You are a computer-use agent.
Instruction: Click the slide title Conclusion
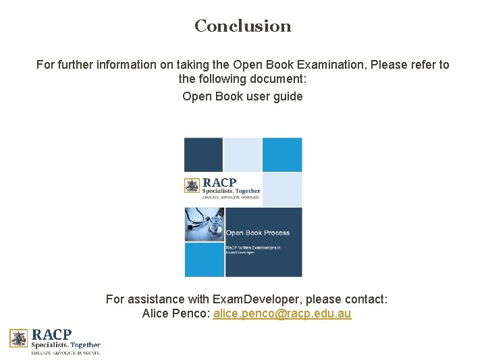pos(243,26)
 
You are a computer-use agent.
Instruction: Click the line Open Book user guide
pos(243,96)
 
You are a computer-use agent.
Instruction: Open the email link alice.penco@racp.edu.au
pos(282,314)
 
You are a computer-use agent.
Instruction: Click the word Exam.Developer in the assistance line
pos(246,299)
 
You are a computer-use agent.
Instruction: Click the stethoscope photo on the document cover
pos(204,224)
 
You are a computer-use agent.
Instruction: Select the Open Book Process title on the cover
pos(258,233)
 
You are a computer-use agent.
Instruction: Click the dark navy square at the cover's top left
pos(203,154)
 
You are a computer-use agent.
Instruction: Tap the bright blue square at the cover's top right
pos(282,154)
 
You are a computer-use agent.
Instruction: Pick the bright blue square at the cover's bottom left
pos(204,260)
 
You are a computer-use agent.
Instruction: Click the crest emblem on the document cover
pos(192,185)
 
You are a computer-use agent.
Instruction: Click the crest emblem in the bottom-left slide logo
pos(19,338)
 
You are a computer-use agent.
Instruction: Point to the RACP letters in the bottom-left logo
pos(52,334)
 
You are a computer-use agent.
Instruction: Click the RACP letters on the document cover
pos(219,182)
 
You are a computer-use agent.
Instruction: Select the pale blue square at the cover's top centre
pos(242,154)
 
